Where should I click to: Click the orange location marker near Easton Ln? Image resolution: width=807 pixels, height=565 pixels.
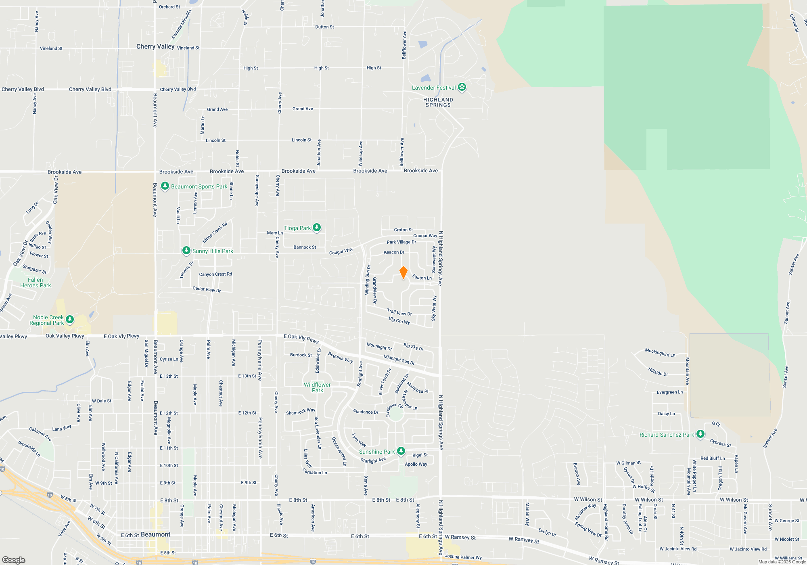coord(403,272)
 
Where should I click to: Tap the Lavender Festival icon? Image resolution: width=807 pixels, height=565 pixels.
coord(462,87)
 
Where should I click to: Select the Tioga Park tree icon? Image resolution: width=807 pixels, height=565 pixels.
coord(317,228)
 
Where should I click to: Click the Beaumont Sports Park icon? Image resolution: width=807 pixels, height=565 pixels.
coord(165,186)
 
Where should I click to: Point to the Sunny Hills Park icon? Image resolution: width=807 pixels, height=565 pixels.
coord(186,251)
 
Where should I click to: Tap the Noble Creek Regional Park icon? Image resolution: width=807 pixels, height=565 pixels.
coord(70,320)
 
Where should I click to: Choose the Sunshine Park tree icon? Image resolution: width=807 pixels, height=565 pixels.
coord(401,451)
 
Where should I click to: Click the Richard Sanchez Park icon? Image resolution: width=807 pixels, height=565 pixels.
coord(700,434)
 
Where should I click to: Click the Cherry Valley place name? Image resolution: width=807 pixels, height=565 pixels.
coord(155,46)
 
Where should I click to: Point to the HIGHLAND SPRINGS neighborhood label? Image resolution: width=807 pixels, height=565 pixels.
coord(438,102)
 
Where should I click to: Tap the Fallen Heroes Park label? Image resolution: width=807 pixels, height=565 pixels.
coord(36,282)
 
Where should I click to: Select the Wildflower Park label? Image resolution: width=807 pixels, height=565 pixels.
coord(317,387)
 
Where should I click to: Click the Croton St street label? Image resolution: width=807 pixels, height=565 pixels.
coord(403,230)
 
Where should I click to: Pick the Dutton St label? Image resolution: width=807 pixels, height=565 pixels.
coord(324,27)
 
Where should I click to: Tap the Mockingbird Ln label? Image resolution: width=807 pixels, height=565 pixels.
coord(660,352)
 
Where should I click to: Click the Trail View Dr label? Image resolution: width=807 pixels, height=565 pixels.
coord(399,312)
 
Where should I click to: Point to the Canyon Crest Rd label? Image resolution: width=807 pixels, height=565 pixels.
coord(215,274)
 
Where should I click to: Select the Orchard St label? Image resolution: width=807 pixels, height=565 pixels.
coord(169,7)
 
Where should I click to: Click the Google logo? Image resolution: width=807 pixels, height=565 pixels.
coord(14,560)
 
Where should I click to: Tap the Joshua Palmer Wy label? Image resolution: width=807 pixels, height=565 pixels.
coord(463,557)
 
